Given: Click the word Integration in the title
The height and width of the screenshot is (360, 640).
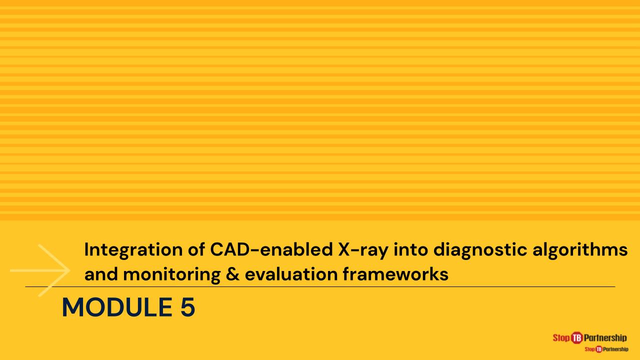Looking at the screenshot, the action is pos(133,250).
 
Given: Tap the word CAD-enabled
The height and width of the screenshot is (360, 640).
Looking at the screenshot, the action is pos(271,249).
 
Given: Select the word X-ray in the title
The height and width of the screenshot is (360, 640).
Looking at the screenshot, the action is pos(363,250).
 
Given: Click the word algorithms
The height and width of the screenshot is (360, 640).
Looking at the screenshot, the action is pos(580,250).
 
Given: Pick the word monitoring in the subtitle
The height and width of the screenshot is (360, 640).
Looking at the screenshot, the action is pos(172,275).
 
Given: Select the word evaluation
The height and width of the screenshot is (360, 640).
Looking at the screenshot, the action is pos(291,274).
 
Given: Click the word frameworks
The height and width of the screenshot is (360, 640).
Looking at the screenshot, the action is pos(395,274).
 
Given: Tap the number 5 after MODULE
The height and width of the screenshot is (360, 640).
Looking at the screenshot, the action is pos(187,307).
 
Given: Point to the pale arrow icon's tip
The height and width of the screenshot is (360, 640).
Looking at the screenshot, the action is pos(69,270).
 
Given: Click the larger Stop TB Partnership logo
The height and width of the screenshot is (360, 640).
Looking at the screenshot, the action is pos(589,337).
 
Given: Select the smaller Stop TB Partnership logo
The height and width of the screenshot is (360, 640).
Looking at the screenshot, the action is pos(606,349).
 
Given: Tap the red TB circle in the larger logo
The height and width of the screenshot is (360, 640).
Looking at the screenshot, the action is pos(577,337).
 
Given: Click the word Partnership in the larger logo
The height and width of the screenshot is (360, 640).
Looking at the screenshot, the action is pos(605,338).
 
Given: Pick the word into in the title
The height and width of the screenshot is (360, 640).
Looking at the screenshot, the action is pos(411,249).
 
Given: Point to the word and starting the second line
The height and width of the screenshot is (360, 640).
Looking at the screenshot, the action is pos(101,274).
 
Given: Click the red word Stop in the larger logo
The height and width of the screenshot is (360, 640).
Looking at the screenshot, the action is pos(561,338).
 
